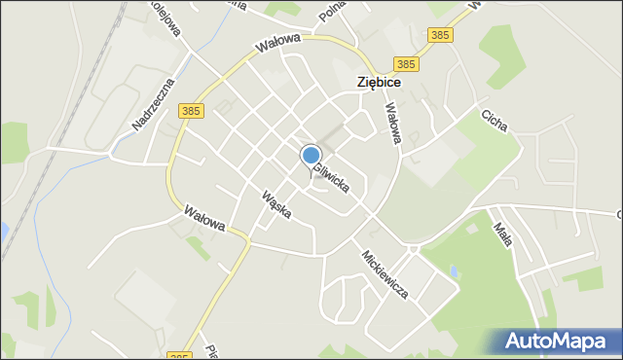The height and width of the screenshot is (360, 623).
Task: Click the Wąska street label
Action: [x=276, y=204]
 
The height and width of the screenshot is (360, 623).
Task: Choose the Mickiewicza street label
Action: [x=385, y=274]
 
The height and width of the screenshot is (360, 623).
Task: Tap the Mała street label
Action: [x=504, y=235]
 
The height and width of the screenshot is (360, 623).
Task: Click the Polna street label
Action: [x=332, y=12]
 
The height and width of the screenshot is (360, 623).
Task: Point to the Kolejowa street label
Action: [x=168, y=18]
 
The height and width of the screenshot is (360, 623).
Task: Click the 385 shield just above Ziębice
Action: [x=407, y=64]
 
